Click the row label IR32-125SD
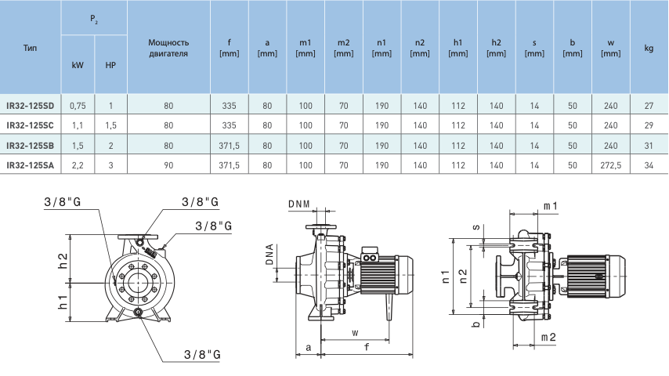tap(30, 106)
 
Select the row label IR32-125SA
tap(30, 165)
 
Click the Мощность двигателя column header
tap(168, 48)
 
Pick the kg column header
tap(649, 48)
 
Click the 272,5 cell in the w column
tap(610, 165)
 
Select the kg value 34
tap(649, 165)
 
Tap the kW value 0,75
tap(78, 106)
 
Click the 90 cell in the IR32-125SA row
tap(168, 165)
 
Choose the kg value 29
tap(649, 125)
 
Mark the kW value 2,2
tap(78, 165)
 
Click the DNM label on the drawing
tap(299, 204)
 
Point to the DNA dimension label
tap(269, 255)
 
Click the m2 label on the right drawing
tap(549, 337)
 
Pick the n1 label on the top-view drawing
tap(447, 275)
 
